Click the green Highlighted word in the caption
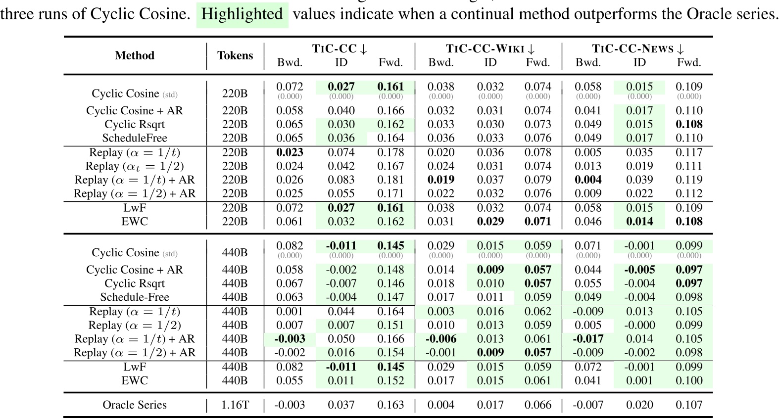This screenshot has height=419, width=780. coord(242,14)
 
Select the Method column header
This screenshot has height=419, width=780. coord(135,55)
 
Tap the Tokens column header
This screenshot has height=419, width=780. coord(235,55)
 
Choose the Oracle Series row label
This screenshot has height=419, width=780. coord(135,405)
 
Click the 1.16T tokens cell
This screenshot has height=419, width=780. coord(235,405)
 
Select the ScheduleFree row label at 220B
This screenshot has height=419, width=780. coord(135,138)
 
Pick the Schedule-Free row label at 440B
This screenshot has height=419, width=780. coord(135,297)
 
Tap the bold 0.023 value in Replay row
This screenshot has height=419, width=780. coord(290,152)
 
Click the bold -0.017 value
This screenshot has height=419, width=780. coord(588,339)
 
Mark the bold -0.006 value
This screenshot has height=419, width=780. coord(440,339)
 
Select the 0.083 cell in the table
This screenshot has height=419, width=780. coord(341,180)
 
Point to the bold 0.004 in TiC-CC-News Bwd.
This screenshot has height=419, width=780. coord(588,180)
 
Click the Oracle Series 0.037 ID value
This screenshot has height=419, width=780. coord(341,405)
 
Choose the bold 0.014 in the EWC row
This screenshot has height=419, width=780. coord(639,222)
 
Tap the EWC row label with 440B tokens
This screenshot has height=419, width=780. coord(135,380)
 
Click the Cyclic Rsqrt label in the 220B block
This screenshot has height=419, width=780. coord(135,125)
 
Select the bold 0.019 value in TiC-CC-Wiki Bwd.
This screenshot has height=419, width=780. coord(440,180)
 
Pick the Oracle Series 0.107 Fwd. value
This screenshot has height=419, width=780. coord(689,405)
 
